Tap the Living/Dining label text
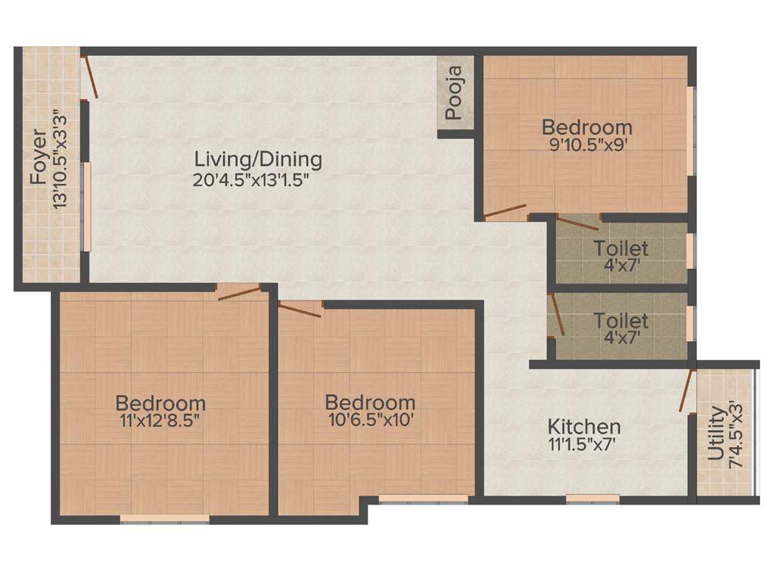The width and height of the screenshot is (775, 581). click(x=258, y=160)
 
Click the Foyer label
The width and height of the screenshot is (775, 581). click(x=38, y=157)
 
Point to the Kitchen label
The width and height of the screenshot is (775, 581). click(x=584, y=427)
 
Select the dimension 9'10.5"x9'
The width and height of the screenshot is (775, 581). click(x=587, y=144)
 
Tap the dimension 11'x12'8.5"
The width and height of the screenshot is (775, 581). click(x=160, y=421)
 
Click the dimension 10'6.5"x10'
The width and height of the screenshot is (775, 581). click(x=370, y=421)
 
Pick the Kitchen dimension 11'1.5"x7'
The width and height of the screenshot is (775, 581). click(x=584, y=446)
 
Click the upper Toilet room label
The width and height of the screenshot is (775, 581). click(x=621, y=248)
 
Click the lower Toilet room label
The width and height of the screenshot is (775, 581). click(x=621, y=321)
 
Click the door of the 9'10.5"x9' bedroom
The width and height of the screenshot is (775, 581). click(x=505, y=210)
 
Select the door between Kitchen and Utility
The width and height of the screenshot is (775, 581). click(x=687, y=390)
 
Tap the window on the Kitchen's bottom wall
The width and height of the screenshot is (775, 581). click(x=593, y=499)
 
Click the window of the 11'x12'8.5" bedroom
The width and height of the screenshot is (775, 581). click(x=164, y=519)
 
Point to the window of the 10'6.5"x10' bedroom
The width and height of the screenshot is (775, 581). click(x=423, y=499)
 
